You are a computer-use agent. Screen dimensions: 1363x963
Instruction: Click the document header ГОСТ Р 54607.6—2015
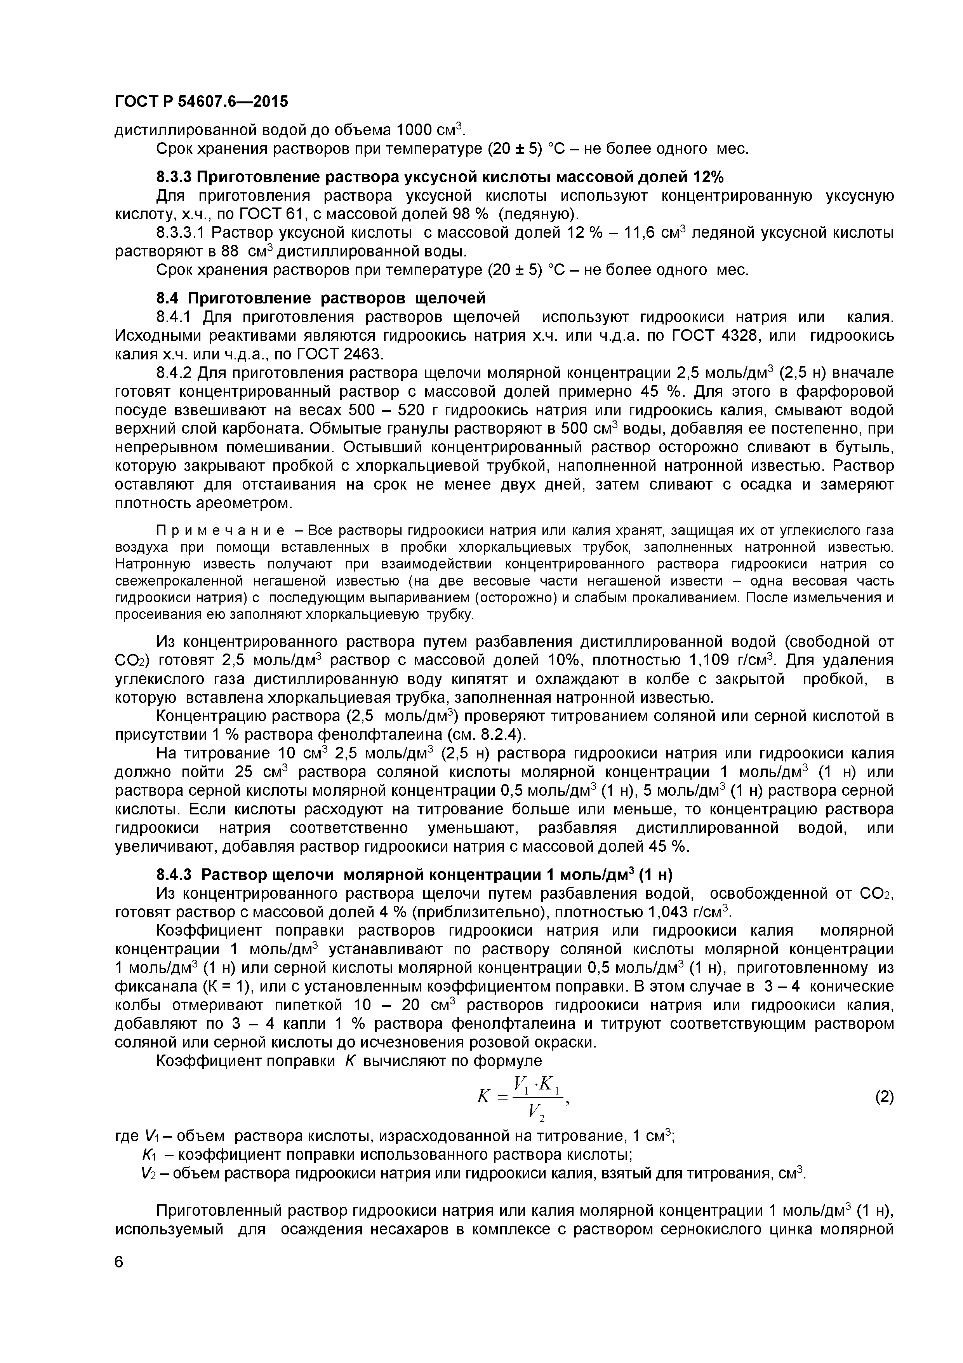pos(201,102)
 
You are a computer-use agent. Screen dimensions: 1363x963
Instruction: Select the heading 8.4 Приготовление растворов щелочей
pos(321,297)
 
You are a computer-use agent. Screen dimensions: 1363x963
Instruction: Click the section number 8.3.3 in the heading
pos(174,177)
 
